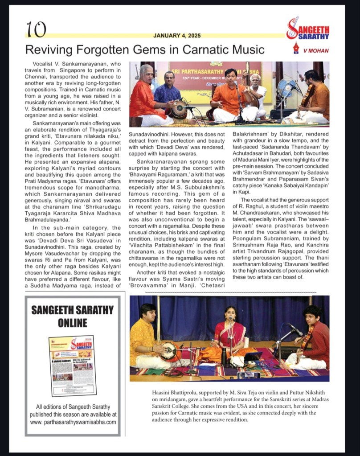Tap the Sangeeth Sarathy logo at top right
[307, 29]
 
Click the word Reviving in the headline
[48, 49]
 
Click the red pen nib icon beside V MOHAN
[296, 48]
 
